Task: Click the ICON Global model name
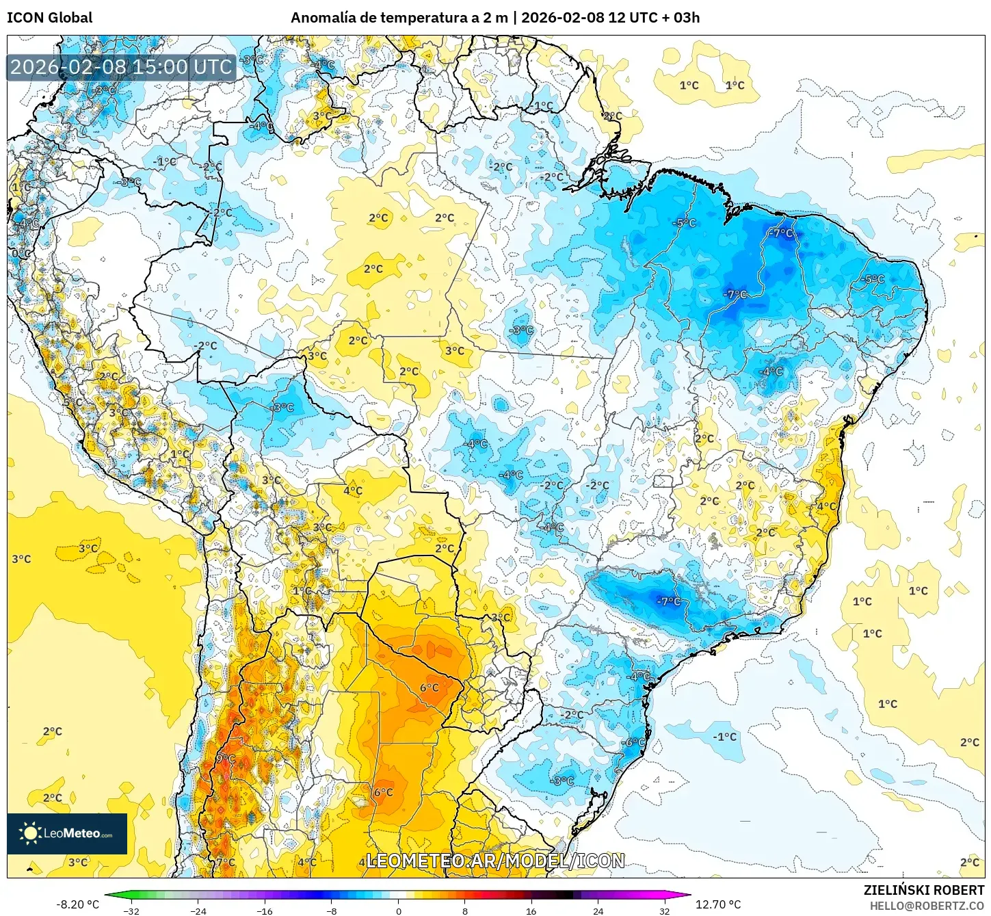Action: (x=49, y=18)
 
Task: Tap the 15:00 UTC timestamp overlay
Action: (x=121, y=67)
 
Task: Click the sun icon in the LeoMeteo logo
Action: (x=29, y=833)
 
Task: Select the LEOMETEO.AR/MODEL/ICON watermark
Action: (x=495, y=861)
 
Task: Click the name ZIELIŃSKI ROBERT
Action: (x=923, y=890)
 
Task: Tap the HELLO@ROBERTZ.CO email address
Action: (x=927, y=906)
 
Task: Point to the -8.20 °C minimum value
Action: (x=77, y=904)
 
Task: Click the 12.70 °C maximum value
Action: (x=718, y=904)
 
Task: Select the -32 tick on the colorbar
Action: (x=131, y=911)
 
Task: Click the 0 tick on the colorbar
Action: (x=399, y=911)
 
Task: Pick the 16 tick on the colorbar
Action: (x=531, y=911)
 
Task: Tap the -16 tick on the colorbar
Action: (x=265, y=911)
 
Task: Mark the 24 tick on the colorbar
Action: (x=598, y=911)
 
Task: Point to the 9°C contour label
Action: (x=226, y=759)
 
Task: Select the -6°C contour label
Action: (x=633, y=742)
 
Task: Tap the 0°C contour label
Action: (x=21, y=254)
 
